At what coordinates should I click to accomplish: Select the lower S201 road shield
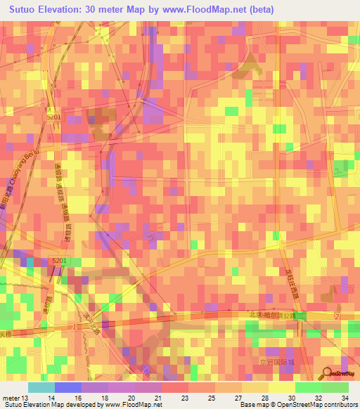[x=60, y=261]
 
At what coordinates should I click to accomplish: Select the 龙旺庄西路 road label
[x=290, y=280]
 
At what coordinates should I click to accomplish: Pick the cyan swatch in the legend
[x=41, y=387]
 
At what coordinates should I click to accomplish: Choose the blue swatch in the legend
[x=67, y=387]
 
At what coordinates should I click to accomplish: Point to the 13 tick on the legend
[x=25, y=398]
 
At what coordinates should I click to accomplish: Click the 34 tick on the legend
[x=345, y=398]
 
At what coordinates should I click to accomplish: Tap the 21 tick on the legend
[x=159, y=398]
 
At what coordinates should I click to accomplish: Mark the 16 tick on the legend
[x=79, y=398]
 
